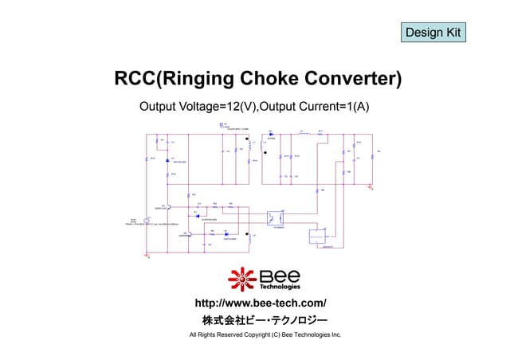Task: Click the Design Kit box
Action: coord(433,33)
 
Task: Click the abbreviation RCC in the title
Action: coord(135,79)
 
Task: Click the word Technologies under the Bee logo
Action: coord(280,288)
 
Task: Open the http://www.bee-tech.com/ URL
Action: coord(261,303)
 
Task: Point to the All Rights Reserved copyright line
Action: coord(265,335)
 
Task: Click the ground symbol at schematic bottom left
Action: coord(147,255)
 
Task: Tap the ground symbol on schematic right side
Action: coord(371,188)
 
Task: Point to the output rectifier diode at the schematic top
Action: coord(272,135)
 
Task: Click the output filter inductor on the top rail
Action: coord(302,135)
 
